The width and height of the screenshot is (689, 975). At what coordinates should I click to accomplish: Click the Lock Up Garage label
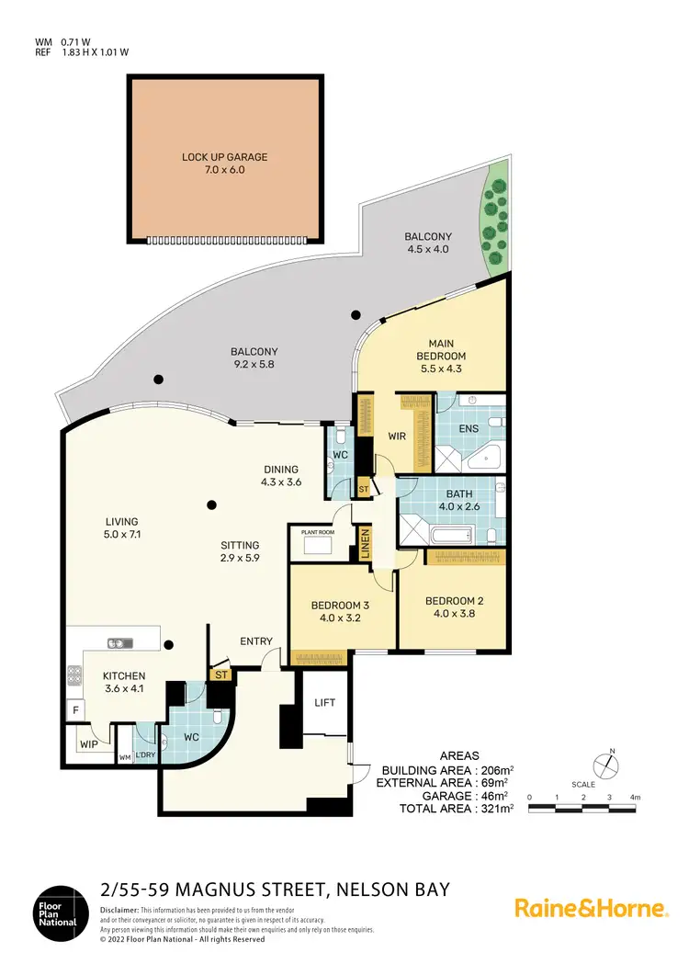coord(225,164)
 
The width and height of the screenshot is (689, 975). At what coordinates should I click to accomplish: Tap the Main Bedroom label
coord(441,349)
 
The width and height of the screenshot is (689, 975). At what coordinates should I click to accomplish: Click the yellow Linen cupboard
coord(365,544)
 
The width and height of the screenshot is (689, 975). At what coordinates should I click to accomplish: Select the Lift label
coord(324,702)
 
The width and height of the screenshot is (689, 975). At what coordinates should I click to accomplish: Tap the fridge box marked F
coord(73,710)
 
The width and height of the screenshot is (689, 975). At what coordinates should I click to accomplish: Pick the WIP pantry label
coord(88,743)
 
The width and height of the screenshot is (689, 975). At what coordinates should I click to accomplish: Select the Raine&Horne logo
coord(590,908)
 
